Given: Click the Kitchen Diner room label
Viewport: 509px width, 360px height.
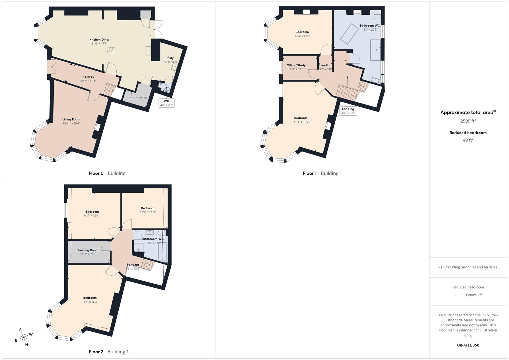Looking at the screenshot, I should pos(99,40).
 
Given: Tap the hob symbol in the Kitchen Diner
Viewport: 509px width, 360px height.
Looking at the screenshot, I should pos(111,50).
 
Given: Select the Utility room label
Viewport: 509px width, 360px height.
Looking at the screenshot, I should pos(169,58).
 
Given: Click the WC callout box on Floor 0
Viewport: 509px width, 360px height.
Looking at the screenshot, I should pos(166,103).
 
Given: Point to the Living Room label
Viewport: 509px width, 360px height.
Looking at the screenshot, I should pos(71,119).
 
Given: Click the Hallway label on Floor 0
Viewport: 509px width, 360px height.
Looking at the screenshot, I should pos(88,77).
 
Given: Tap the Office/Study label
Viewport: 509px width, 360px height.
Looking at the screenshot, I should pos(296,65).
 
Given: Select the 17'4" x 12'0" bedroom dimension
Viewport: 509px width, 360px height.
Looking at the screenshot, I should pos(302,36).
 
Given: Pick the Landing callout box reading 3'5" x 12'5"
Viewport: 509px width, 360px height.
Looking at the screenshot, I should pos(348,111).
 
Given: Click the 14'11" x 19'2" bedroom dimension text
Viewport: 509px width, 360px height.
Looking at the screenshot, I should pos(301,122).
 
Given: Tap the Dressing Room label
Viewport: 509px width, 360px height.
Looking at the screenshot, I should pos(87,250).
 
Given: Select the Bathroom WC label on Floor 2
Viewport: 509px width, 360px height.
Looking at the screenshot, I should pos(153,239).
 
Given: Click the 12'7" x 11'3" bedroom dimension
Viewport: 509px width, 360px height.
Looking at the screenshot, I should pos(148,212).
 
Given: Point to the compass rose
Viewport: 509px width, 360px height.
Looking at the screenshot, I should pos(23,337).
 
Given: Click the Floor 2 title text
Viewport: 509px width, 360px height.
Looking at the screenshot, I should pos(96,352).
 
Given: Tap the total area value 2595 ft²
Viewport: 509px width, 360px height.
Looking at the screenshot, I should pos(468,121).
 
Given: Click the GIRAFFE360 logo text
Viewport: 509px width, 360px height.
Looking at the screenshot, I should pos(468,345).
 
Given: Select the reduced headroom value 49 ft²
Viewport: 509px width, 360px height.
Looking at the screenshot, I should pos(468,140).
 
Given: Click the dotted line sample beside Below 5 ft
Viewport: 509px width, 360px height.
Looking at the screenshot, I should pos(459,295).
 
